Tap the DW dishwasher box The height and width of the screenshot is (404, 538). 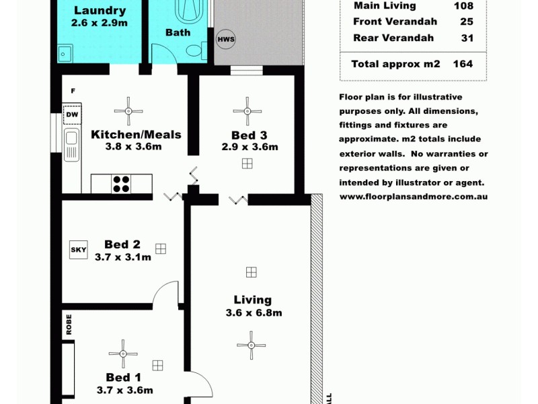pos(71,114)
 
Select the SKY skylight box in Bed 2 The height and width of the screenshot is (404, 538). pos(78,250)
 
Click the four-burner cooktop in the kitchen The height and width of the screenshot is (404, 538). pos(122,184)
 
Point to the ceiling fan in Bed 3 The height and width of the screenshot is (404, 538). pos(247,110)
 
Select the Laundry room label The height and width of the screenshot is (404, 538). pos(100,11)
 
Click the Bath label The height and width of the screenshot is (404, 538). pos(178,32)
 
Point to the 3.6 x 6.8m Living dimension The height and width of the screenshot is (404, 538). pos(253,312)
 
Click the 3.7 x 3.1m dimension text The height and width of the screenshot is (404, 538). pos(122,257)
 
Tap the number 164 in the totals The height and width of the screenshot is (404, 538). pos(463,64)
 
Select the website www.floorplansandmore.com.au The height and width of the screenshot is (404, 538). pos(414,197)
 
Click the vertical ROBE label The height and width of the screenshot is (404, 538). pos(69,324)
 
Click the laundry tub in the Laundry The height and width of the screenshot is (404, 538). pos(65,53)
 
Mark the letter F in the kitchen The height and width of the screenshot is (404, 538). pos(72,90)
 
